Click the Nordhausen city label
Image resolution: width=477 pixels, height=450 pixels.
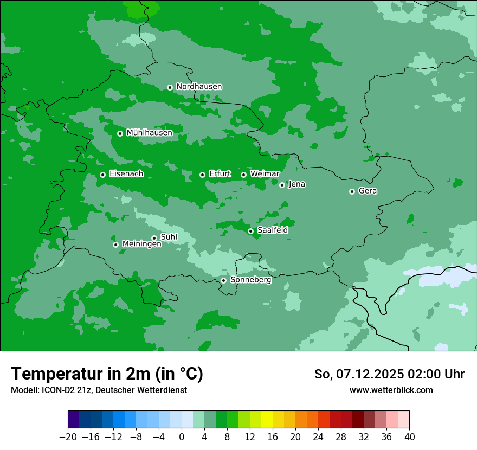pyautogui.click(x=199, y=87)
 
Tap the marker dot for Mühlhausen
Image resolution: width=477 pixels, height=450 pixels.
pyautogui.click(x=120, y=133)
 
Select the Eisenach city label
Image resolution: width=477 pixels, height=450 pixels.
pyautogui.click(x=126, y=174)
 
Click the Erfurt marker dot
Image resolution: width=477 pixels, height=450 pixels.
pyautogui.click(x=202, y=175)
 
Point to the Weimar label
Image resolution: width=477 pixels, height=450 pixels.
pyautogui.click(x=265, y=174)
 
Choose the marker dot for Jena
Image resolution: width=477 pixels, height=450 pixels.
pyautogui.click(x=282, y=185)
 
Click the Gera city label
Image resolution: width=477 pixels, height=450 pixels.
pyautogui.click(x=368, y=191)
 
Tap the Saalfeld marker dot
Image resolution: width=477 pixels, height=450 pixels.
pyautogui.click(x=250, y=231)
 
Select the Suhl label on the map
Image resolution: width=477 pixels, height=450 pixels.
pyautogui.click(x=169, y=237)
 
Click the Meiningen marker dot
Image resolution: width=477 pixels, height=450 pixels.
pyautogui.click(x=115, y=245)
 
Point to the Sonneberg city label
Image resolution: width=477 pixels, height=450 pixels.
pyautogui.click(x=250, y=280)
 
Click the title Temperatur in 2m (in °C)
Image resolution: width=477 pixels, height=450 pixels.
pyautogui.click(x=107, y=374)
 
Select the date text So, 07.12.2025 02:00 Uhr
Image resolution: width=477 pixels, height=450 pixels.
pyautogui.click(x=389, y=374)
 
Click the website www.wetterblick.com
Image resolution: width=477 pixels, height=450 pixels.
pyautogui.click(x=391, y=390)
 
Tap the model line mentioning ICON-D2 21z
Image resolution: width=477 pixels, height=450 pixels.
pyautogui.click(x=99, y=390)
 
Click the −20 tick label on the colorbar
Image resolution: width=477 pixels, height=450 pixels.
pyautogui.click(x=68, y=437)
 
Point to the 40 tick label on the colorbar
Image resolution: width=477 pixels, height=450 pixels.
pyautogui.click(x=409, y=437)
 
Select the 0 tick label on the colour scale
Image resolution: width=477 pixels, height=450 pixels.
pyautogui.click(x=182, y=437)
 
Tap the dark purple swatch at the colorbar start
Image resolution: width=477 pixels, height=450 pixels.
pyautogui.click(x=74, y=420)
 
